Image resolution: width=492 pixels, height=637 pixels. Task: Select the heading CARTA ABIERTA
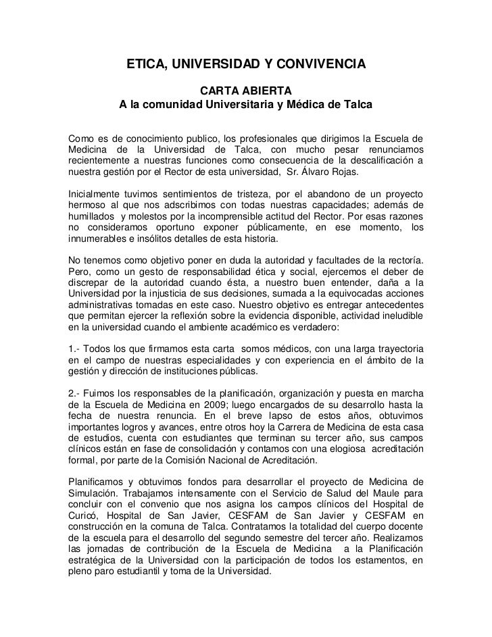245,91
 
